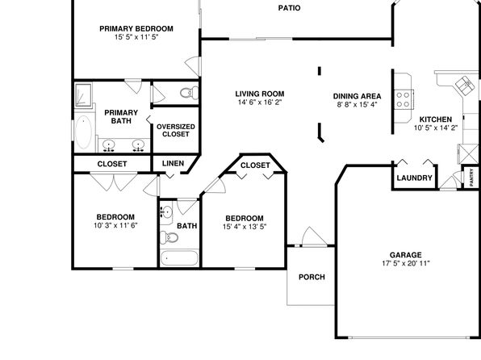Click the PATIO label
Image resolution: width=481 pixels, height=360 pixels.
289,8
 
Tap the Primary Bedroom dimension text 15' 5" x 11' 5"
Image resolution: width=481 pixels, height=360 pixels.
136,37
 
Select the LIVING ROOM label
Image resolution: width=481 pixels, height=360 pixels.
260,94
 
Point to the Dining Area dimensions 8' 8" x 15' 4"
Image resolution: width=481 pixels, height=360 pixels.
357,105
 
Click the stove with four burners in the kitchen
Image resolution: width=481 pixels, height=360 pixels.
404,99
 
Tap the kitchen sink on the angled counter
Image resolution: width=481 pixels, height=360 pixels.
465,84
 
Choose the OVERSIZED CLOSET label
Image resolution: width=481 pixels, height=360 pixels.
176,131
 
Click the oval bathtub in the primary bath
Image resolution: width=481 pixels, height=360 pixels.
83,132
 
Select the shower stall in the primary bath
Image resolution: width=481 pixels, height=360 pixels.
83,94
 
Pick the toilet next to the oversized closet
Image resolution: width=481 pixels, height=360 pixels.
190,93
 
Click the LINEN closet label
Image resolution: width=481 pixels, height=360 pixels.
173,163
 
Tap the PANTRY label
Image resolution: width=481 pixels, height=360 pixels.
471,177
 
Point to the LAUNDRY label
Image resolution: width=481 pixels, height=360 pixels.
415,178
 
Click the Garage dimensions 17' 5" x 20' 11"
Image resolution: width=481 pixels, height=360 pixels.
406,263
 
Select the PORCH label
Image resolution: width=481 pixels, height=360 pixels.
312,277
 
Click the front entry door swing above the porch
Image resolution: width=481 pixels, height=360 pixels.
314,237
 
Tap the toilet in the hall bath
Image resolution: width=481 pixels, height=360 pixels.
169,237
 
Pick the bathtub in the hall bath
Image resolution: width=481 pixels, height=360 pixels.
179,258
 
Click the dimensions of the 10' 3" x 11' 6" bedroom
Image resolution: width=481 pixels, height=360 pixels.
115,225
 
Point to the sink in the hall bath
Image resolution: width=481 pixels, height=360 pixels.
166,211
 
